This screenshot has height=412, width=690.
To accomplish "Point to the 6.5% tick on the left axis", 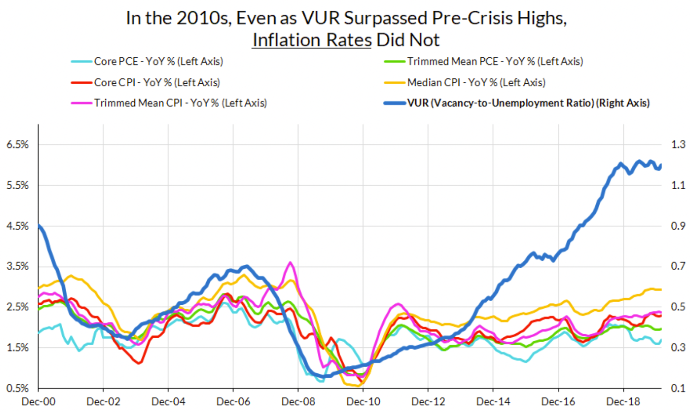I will click(x=17, y=145).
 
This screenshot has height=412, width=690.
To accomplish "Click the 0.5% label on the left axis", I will click(x=17, y=388).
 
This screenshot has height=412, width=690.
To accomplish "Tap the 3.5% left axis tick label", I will click(x=17, y=266).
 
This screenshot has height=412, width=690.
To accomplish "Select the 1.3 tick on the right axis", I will click(x=678, y=145).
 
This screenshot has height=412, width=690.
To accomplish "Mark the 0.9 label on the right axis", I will click(x=678, y=226).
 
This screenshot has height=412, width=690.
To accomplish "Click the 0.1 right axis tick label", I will click(x=678, y=388).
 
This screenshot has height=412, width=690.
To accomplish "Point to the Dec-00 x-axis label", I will click(x=39, y=401).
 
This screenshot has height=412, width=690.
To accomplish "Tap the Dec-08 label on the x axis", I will click(x=298, y=401).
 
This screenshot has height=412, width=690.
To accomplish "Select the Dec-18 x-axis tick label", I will click(x=623, y=401).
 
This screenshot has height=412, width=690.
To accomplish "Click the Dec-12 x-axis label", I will click(x=428, y=401).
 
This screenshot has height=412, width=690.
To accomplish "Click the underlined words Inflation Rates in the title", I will click(x=312, y=40).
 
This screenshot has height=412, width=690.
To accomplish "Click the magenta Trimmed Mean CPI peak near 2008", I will click(x=290, y=263).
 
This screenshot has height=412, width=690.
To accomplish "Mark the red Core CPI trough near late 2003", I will click(x=140, y=363).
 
